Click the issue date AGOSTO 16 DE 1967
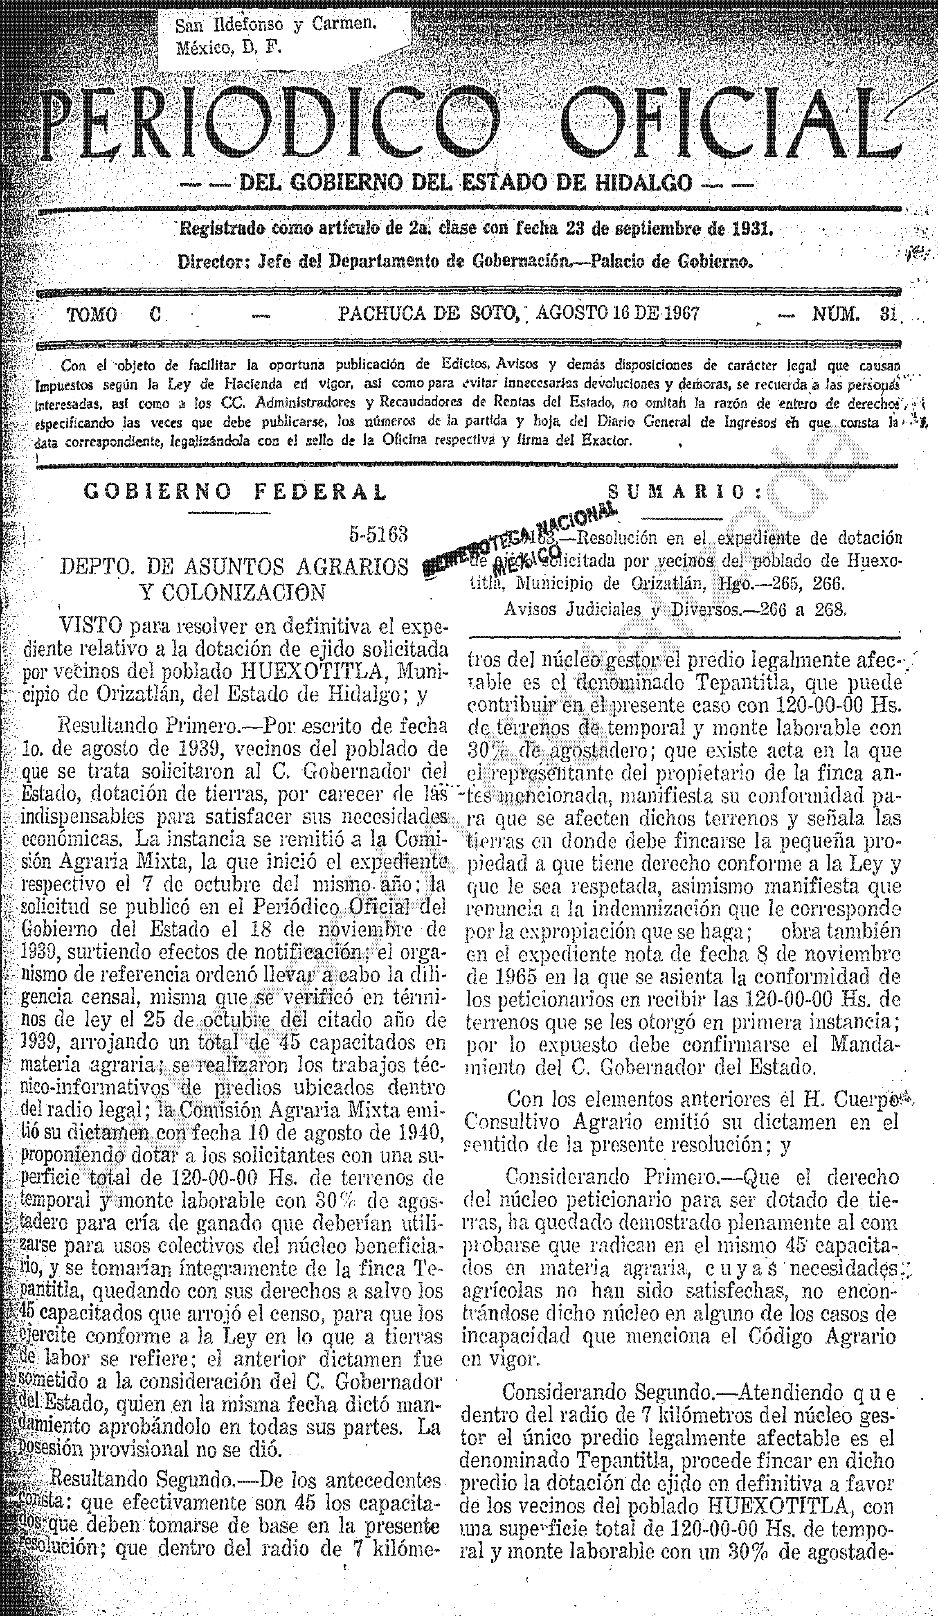617,313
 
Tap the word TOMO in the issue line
92,315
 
